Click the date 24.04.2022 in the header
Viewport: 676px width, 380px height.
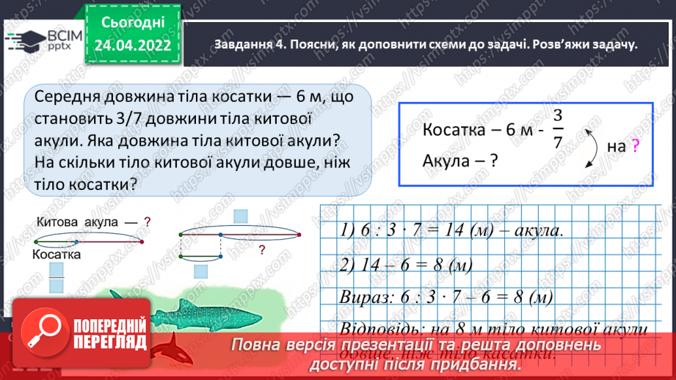click(133, 45)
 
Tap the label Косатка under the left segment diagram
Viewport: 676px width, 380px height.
click(56, 254)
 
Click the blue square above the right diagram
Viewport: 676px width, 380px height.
click(241, 216)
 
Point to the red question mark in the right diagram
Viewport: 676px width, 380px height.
click(261, 250)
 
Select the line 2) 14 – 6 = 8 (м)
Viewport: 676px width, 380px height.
click(406, 264)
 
